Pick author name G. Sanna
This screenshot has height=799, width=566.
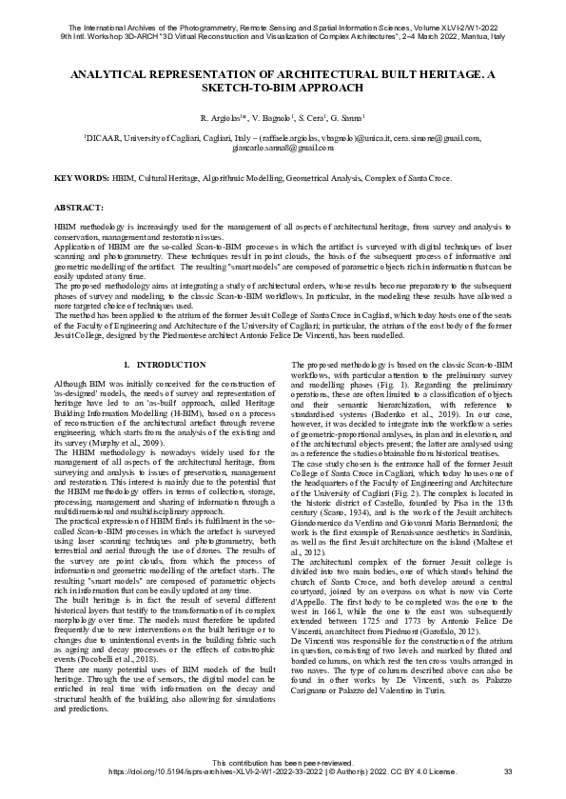(x=349, y=118)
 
